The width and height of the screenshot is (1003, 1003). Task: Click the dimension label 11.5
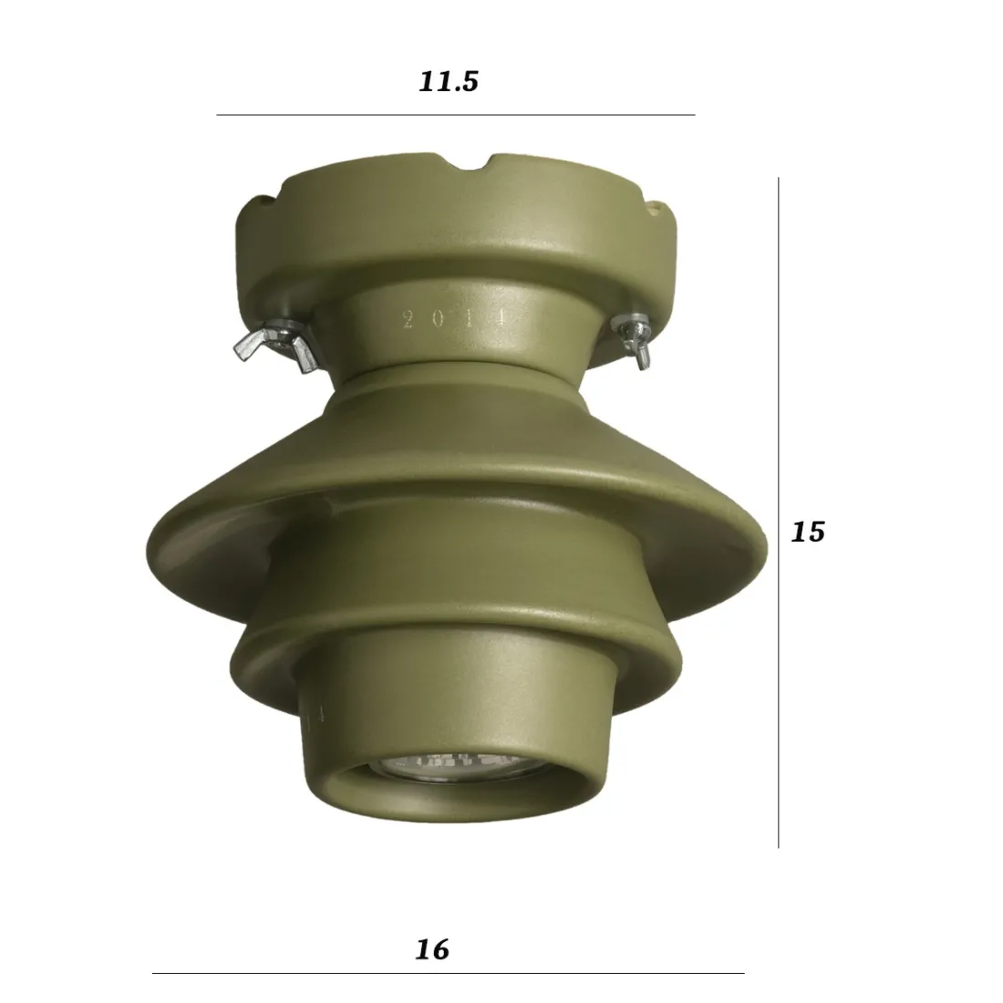click(449, 82)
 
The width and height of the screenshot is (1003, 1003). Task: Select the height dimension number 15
click(807, 531)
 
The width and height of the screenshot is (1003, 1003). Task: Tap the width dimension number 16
click(432, 949)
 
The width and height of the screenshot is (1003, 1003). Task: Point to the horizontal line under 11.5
click(455, 115)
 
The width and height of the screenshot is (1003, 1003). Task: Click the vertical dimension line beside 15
click(778, 511)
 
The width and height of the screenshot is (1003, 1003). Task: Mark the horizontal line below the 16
click(447, 973)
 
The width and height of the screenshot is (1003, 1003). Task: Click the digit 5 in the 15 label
click(815, 531)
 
